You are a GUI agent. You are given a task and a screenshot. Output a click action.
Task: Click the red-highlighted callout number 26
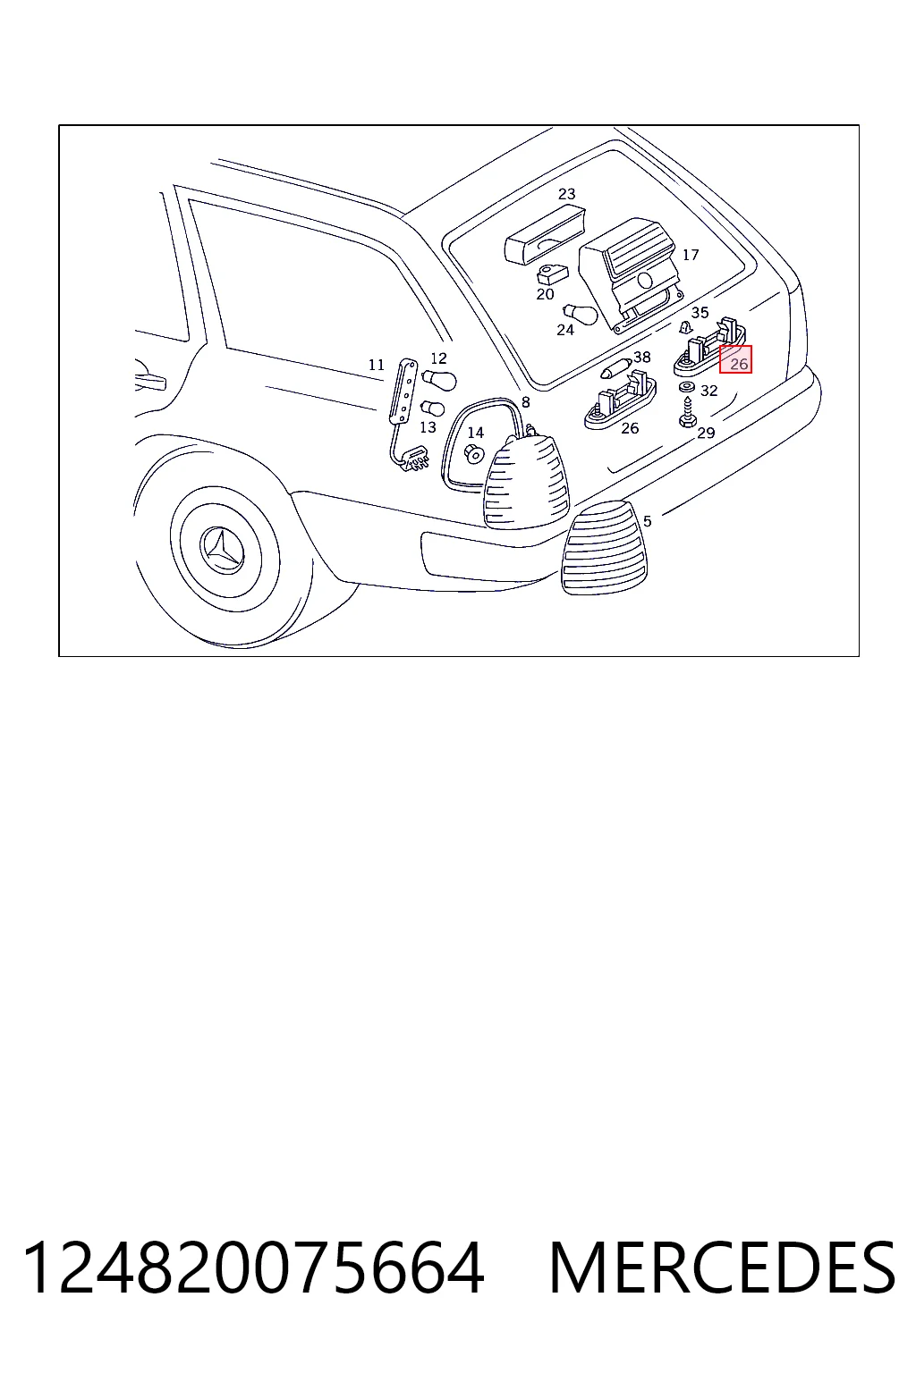click(739, 364)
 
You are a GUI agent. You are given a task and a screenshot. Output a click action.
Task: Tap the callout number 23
click(566, 194)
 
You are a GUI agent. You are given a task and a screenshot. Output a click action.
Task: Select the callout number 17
click(691, 255)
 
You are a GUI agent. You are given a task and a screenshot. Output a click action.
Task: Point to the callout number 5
click(647, 521)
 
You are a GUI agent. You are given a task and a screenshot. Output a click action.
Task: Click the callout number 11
click(376, 366)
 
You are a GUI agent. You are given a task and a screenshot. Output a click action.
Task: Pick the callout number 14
click(476, 433)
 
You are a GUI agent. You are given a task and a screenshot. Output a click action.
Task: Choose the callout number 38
click(641, 357)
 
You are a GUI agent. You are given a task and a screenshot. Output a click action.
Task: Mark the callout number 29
click(706, 434)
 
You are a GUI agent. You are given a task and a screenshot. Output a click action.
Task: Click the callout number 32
click(708, 391)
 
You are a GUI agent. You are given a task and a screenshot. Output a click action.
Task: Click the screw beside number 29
click(686, 412)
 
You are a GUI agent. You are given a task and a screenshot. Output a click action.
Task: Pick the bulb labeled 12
click(439, 380)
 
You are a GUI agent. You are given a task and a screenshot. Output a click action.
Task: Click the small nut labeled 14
click(474, 454)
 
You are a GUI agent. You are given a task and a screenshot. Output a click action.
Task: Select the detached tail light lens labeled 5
click(605, 547)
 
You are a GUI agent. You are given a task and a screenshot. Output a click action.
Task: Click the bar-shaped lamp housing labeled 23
click(545, 235)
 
